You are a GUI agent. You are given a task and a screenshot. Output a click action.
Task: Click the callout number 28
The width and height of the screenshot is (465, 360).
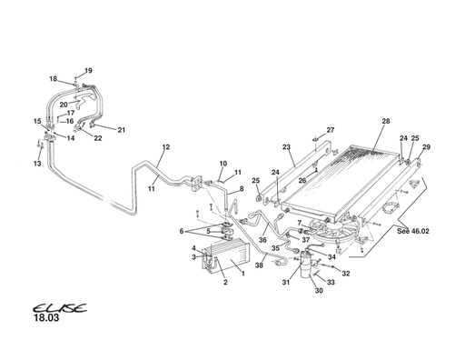pyautogui.click(x=385, y=121)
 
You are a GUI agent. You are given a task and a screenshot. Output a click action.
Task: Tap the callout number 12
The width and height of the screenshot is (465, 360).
pyautogui.click(x=166, y=146)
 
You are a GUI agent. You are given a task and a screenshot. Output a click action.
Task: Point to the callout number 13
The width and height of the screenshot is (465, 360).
pyautogui.click(x=38, y=164)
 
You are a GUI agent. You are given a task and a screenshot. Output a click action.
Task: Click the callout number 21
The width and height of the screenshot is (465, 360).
pyautogui.click(x=121, y=130)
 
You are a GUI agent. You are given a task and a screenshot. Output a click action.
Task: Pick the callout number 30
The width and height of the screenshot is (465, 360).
pyautogui.click(x=319, y=291)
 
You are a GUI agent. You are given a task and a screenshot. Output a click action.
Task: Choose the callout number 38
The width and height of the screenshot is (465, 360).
pyautogui.click(x=259, y=265)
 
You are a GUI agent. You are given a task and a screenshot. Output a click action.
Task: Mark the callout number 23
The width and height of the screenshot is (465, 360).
pyautogui.click(x=286, y=146)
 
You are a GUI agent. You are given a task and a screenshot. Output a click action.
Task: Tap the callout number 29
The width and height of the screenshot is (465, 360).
pyautogui.click(x=427, y=147)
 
